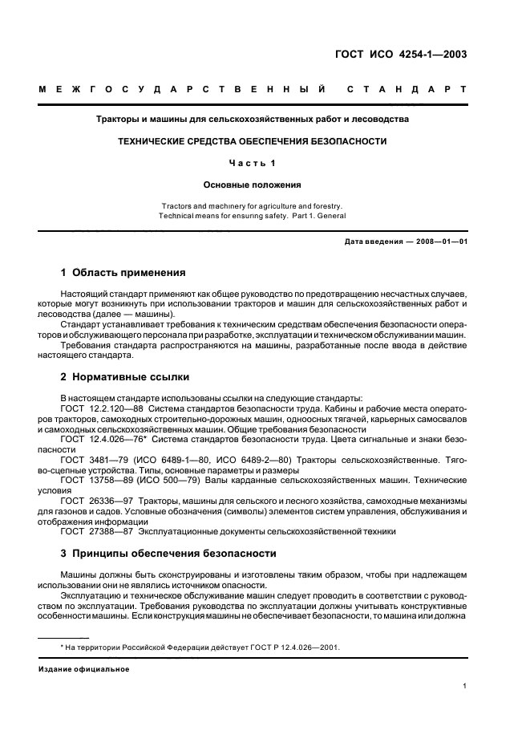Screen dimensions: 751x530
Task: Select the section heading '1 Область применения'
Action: pos(123,272)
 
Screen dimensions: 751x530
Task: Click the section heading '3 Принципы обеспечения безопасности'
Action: pos(169,553)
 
